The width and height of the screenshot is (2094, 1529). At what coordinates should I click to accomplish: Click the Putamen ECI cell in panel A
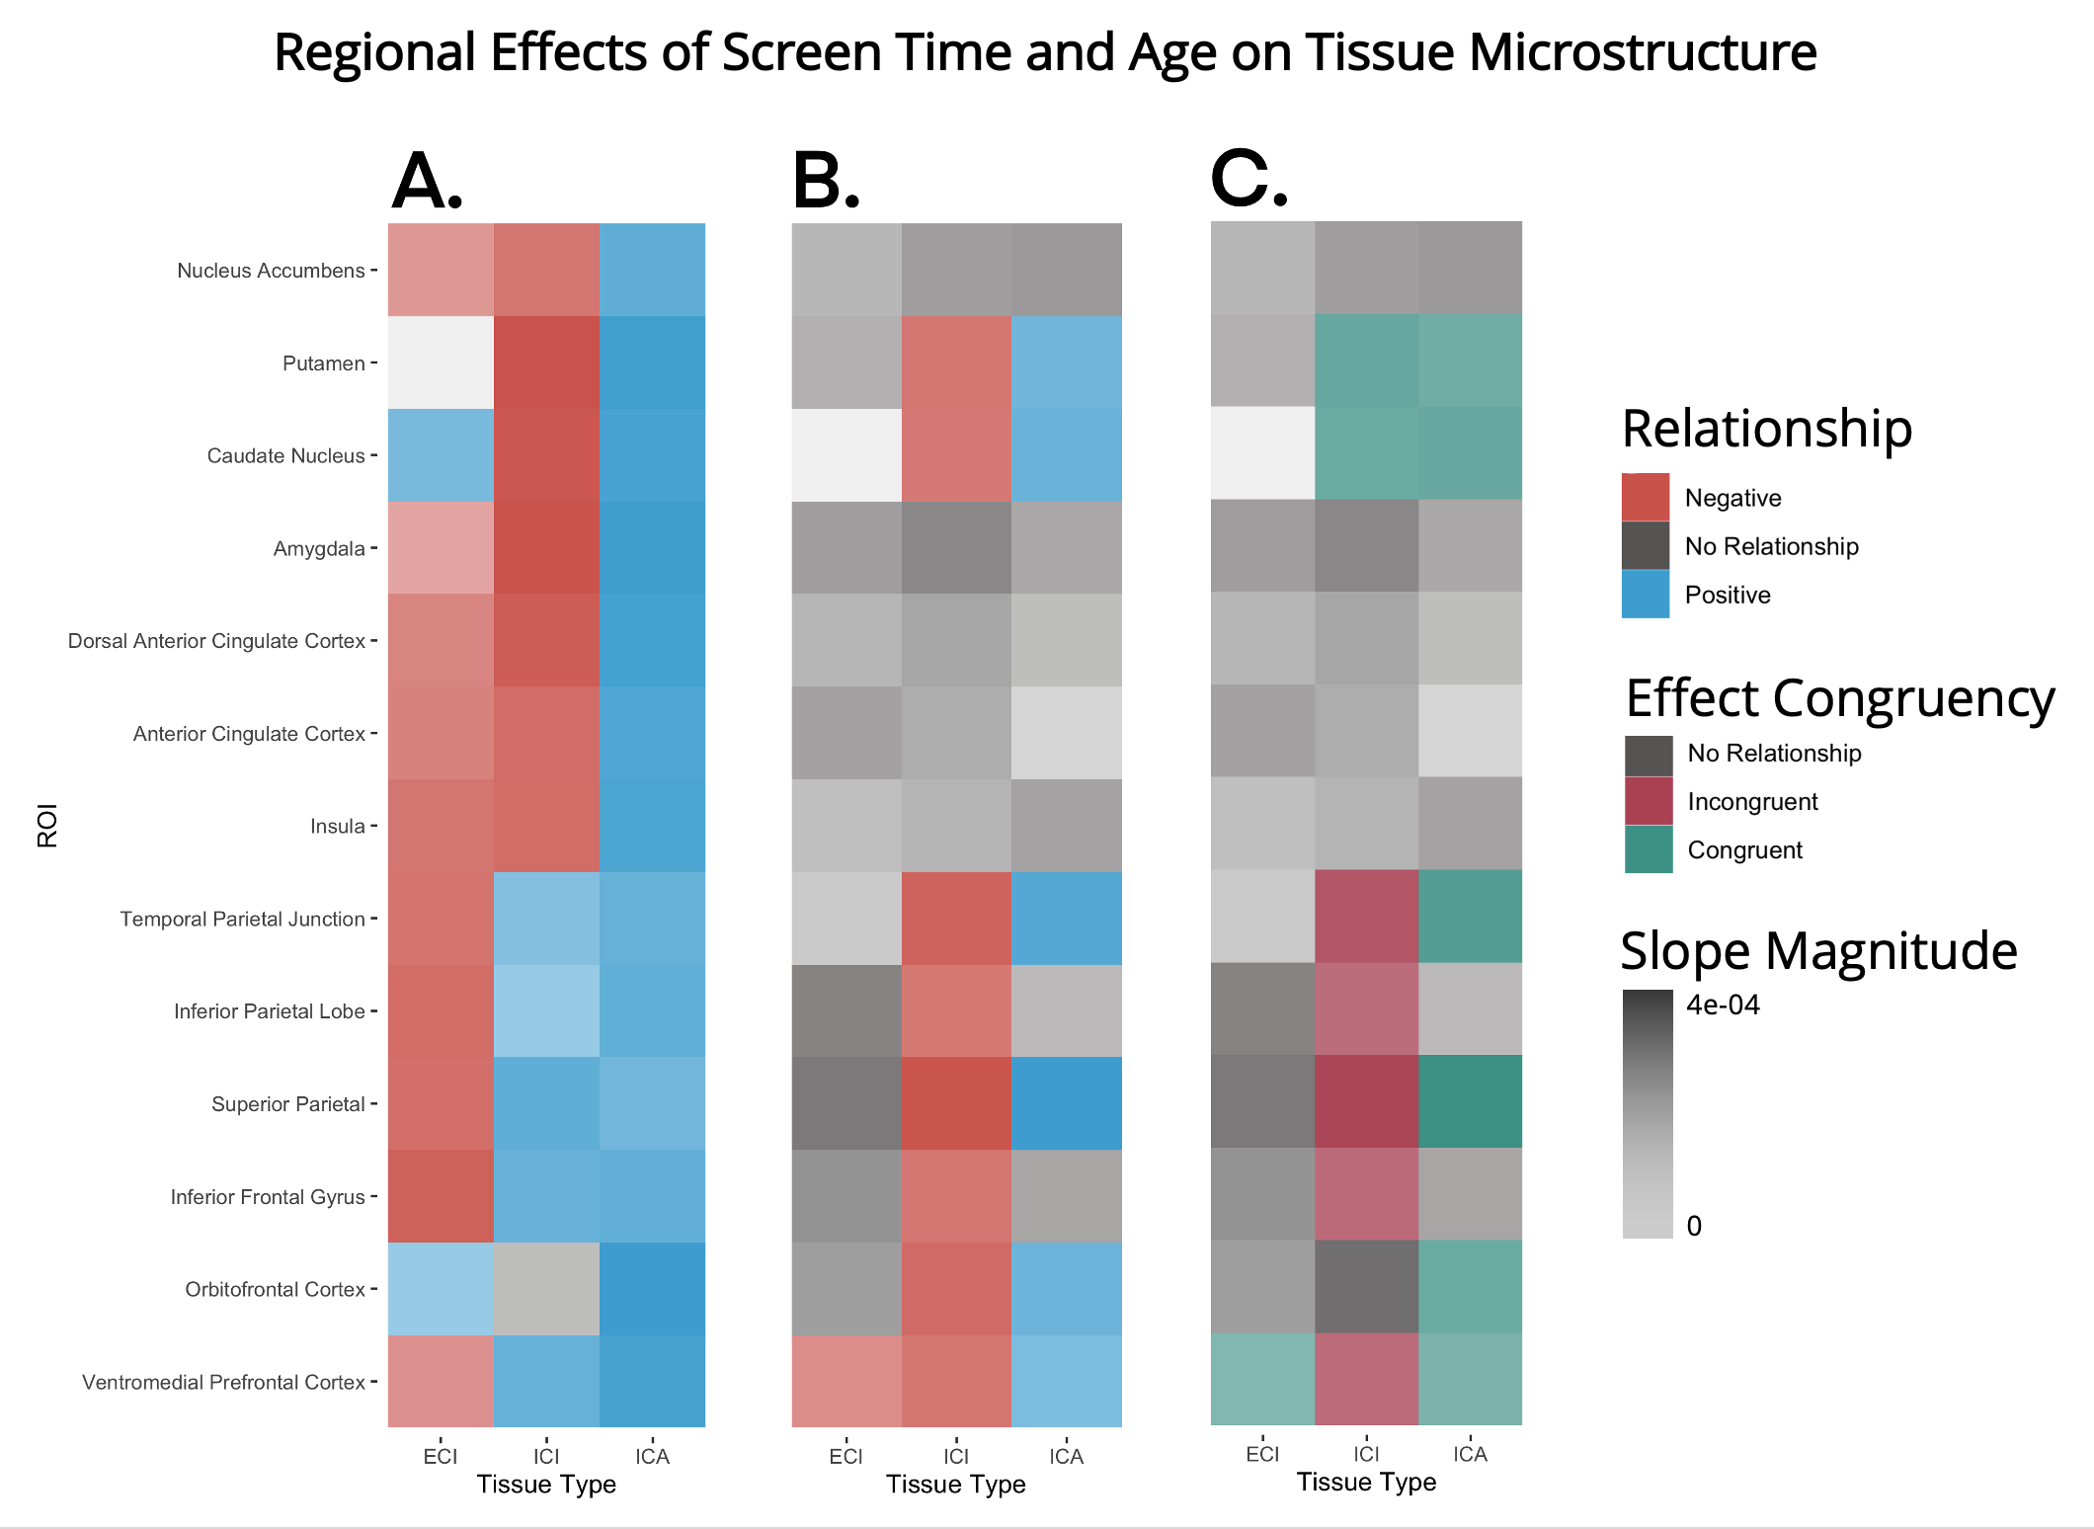coord(441,362)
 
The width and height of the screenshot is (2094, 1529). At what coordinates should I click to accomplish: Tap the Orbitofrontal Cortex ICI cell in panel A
coord(546,1289)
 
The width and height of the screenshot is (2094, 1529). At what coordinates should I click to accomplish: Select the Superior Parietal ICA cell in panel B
coord(1066,1103)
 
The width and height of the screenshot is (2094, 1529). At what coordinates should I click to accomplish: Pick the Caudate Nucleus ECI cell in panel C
coord(1262,453)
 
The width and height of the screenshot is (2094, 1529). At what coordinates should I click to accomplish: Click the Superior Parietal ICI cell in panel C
coord(1366,1101)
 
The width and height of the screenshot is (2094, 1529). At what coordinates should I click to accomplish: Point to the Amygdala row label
coord(319,548)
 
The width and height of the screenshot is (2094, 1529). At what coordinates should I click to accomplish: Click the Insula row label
coord(338,826)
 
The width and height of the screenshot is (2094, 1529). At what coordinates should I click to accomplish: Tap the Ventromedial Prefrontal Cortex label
coord(223,1382)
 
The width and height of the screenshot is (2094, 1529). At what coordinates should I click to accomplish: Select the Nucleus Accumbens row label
coord(271,271)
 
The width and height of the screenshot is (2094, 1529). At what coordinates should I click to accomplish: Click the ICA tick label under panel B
coord(1066,1456)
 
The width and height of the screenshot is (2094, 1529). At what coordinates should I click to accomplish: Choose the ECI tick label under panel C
coord(1262,1454)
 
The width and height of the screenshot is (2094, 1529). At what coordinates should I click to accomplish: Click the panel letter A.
coord(427,182)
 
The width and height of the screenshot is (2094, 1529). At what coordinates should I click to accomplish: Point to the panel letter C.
coord(1248,180)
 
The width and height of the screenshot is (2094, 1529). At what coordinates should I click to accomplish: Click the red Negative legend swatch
coord(1645,497)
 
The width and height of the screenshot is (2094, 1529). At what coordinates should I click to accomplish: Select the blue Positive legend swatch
coord(1645,594)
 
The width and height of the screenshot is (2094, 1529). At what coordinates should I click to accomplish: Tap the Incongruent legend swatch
coord(1649,801)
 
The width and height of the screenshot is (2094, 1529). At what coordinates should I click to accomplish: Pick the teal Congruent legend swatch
coord(1649,849)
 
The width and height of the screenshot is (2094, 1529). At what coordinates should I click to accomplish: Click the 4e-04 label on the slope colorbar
coord(1723,1005)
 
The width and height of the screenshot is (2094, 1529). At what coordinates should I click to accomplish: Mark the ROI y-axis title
coord(47,825)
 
